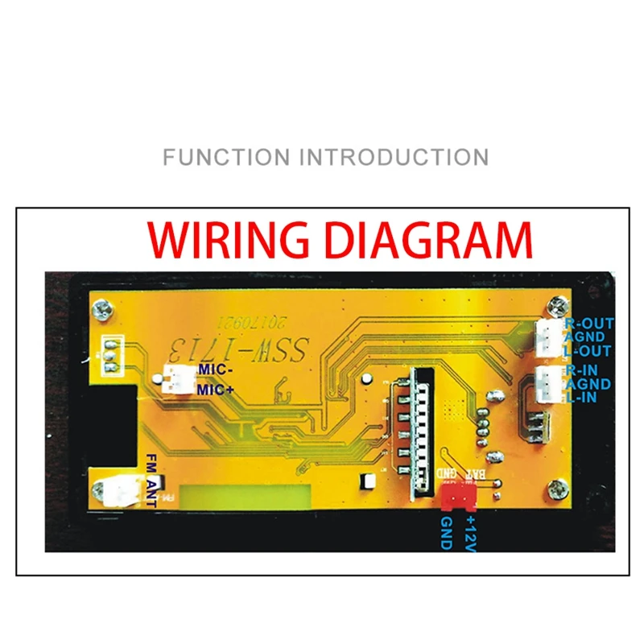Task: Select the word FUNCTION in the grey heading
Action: (x=226, y=156)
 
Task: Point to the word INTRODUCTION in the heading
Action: (x=394, y=156)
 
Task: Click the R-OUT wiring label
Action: (x=590, y=324)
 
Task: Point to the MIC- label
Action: (x=214, y=370)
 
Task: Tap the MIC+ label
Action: (x=215, y=390)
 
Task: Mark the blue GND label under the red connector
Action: (x=447, y=534)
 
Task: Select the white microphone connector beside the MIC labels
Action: (x=175, y=378)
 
